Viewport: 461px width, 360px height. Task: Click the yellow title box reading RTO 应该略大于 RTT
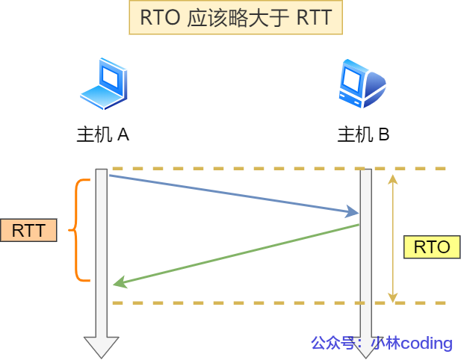click(x=235, y=18)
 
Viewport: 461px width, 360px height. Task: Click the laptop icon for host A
click(x=103, y=84)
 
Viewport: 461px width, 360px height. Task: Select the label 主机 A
click(x=103, y=134)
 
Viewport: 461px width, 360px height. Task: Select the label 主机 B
click(x=363, y=134)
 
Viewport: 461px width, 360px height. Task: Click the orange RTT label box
click(x=29, y=230)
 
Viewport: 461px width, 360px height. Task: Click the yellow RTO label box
click(x=431, y=247)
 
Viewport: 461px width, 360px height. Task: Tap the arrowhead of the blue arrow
click(x=353, y=213)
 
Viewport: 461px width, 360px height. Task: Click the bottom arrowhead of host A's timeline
click(x=102, y=347)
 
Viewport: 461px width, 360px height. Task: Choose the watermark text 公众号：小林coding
click(x=381, y=343)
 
